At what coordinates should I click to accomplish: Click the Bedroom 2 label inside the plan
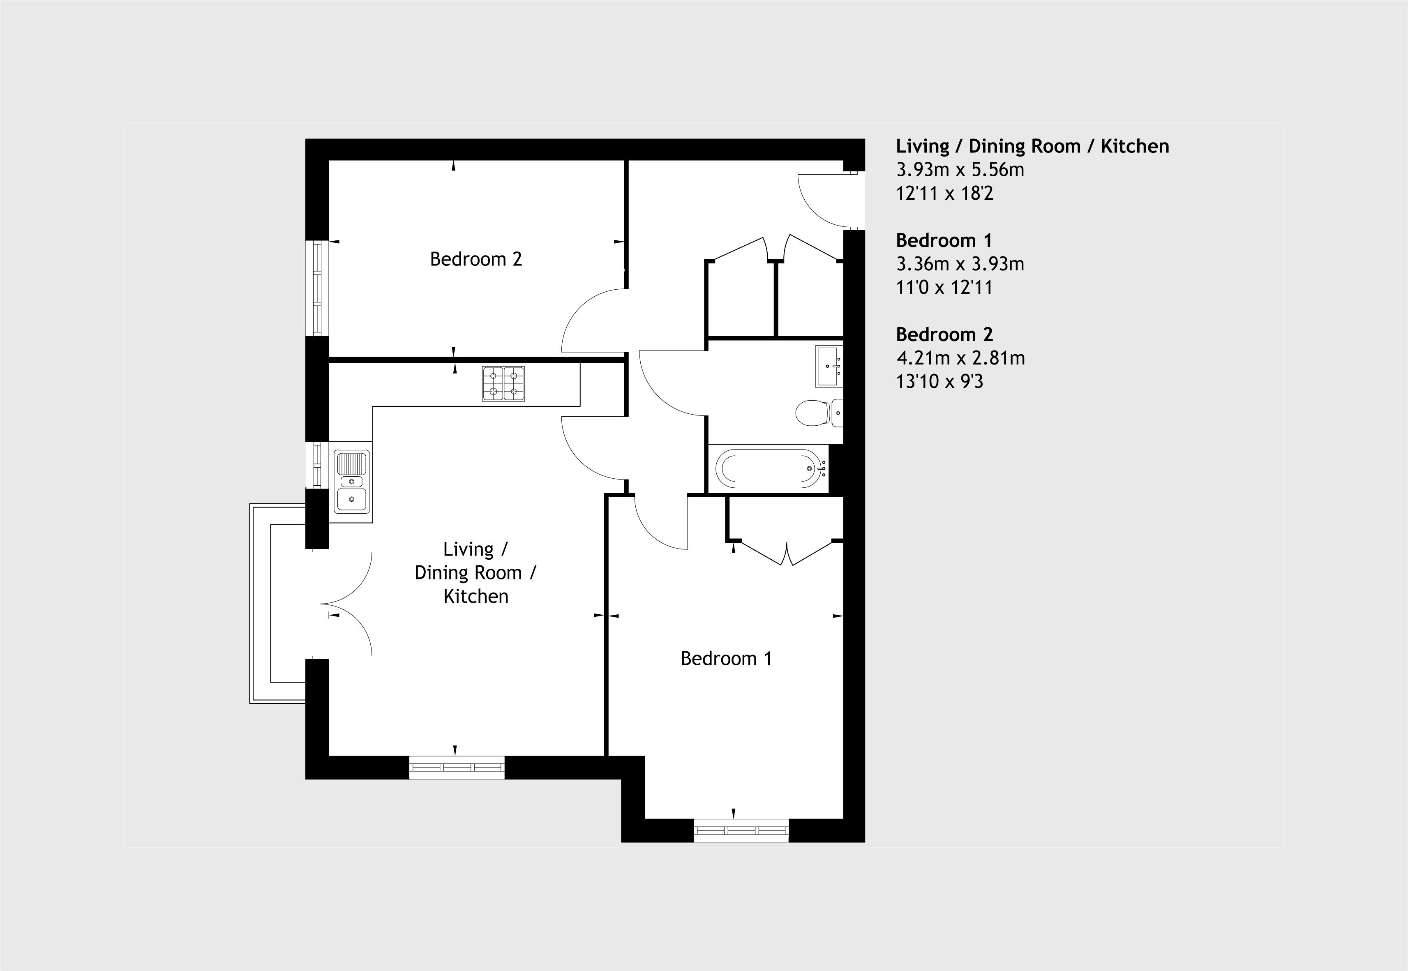coord(476,259)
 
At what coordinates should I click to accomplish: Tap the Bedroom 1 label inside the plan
coord(726,658)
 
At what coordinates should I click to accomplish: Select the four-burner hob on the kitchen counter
coord(503,384)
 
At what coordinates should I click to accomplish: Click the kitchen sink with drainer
coord(352,481)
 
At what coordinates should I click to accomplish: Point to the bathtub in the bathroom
coord(771,468)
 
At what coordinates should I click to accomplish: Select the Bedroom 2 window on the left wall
coord(317,288)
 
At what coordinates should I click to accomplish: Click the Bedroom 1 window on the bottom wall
coord(741,830)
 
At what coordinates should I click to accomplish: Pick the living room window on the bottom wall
coord(456,767)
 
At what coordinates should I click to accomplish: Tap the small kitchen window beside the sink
coord(317,465)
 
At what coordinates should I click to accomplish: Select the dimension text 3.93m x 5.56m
coord(960,170)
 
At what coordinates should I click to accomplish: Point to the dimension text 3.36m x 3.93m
coord(960,264)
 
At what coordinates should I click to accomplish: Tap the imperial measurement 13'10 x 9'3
coord(939,381)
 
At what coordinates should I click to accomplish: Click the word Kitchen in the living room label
coord(476,596)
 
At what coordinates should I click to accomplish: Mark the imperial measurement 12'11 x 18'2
coord(944,194)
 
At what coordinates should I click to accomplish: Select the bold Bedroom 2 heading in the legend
coord(944,334)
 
